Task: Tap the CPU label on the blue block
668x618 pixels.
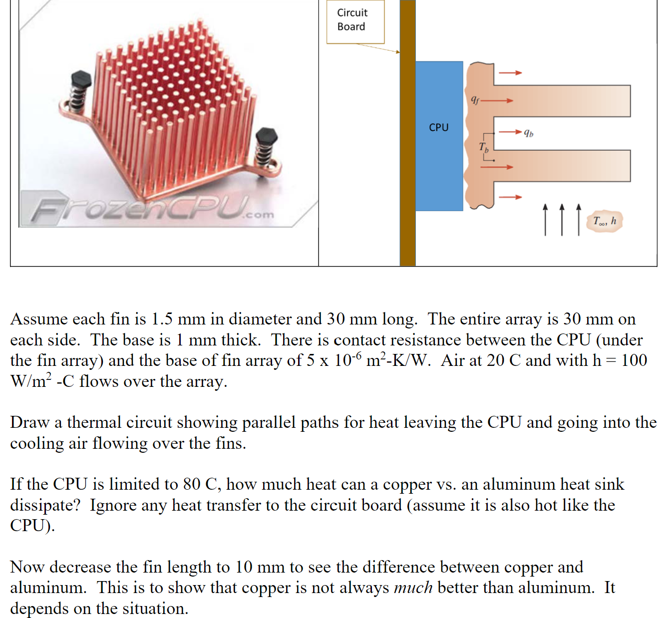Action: tap(438, 127)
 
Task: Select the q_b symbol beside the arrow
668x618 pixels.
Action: tap(528, 133)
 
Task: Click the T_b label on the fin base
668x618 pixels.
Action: tap(484, 147)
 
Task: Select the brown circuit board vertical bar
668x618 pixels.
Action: tap(407, 150)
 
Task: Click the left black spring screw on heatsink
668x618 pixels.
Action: tap(80, 90)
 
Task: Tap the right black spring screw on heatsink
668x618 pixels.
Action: tap(266, 145)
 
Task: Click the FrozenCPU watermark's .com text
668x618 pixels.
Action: tap(258, 215)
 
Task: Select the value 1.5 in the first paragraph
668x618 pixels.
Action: tap(162, 318)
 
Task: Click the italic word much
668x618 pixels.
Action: tap(413, 588)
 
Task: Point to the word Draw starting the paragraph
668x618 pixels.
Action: tap(29, 422)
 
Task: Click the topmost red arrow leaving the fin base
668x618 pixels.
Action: tap(510, 73)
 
